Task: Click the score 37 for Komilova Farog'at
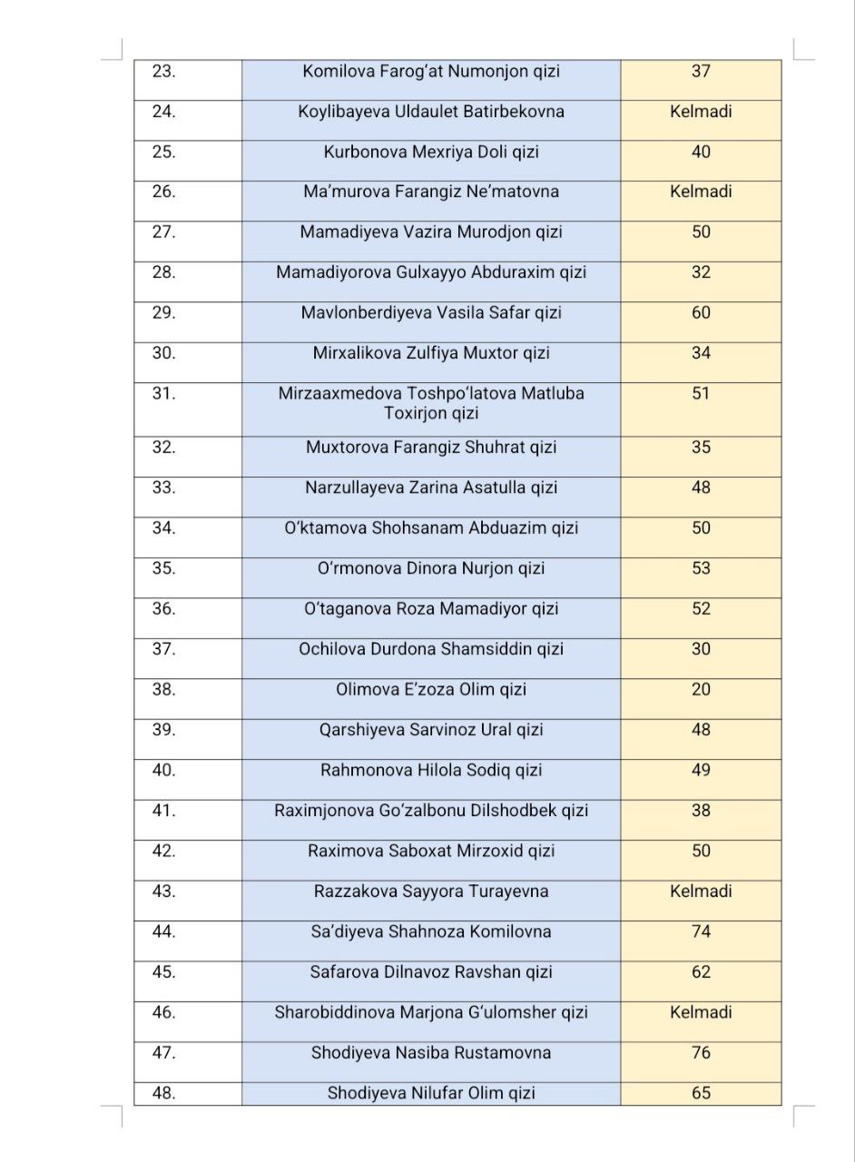[x=701, y=72]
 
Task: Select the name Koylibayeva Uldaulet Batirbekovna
[x=431, y=112]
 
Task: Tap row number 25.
[x=164, y=152]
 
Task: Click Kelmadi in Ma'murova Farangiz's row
[x=701, y=192]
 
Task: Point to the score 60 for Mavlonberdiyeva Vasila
[x=701, y=312]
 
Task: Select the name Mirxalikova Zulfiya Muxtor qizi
[x=431, y=353]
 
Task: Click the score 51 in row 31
[x=701, y=393]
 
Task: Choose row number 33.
[x=164, y=487]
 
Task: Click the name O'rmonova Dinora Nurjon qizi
[x=431, y=568]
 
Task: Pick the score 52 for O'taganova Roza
[x=701, y=608]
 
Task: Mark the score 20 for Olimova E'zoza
[x=701, y=689]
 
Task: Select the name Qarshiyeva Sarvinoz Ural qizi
[x=431, y=730]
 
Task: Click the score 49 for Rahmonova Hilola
[x=701, y=770]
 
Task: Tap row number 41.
[x=164, y=811]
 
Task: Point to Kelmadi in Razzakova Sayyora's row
[x=701, y=891]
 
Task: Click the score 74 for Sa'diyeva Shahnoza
[x=701, y=931]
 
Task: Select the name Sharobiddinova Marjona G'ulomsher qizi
[x=431, y=1012]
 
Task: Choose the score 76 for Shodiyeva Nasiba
[x=701, y=1053]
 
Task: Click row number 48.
[x=164, y=1093]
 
